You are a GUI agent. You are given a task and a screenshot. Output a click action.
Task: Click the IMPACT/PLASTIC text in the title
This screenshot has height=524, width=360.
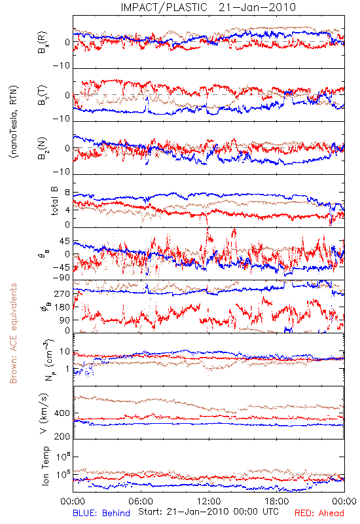(x=164, y=7)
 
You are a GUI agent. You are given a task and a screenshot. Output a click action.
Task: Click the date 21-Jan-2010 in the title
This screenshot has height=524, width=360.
(x=257, y=7)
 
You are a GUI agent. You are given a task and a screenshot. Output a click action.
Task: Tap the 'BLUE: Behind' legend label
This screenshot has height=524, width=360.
(x=101, y=513)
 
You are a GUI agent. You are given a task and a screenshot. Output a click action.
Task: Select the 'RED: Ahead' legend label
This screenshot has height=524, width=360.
(x=319, y=513)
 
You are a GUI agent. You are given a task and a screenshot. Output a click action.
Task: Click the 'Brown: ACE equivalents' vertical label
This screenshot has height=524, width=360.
(x=13, y=333)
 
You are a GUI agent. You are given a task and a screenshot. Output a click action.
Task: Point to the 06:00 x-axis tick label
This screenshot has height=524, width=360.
(x=141, y=501)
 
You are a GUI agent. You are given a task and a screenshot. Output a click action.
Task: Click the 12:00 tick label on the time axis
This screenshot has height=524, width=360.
(x=209, y=501)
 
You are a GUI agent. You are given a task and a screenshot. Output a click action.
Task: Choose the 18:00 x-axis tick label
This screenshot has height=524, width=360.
(x=277, y=501)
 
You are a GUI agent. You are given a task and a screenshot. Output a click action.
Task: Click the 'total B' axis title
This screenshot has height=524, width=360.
(x=54, y=201)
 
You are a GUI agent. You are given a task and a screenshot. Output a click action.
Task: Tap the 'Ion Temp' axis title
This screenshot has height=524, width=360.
(x=45, y=466)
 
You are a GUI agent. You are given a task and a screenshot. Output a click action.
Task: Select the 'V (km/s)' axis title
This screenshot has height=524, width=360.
(x=44, y=413)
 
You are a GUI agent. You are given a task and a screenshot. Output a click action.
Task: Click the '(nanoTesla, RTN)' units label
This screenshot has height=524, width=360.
(x=14, y=122)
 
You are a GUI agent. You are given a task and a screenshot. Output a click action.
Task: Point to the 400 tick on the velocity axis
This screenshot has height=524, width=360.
(x=62, y=413)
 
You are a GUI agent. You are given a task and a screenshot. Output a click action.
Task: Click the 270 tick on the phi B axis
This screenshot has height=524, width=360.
(x=62, y=294)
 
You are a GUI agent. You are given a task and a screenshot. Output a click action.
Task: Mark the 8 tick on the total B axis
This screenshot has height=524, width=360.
(x=67, y=193)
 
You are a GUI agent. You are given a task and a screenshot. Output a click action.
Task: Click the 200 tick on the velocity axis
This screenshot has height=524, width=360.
(x=62, y=436)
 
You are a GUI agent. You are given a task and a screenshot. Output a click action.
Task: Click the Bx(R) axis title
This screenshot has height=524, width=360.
(x=43, y=43)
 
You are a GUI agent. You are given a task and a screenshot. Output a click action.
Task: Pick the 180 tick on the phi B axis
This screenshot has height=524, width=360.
(x=62, y=307)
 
